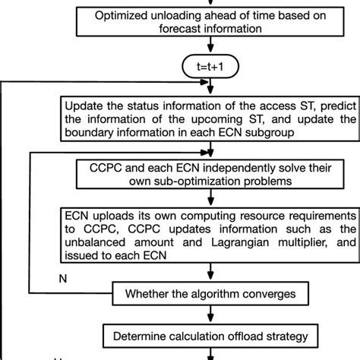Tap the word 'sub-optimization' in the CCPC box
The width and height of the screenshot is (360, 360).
200,181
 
